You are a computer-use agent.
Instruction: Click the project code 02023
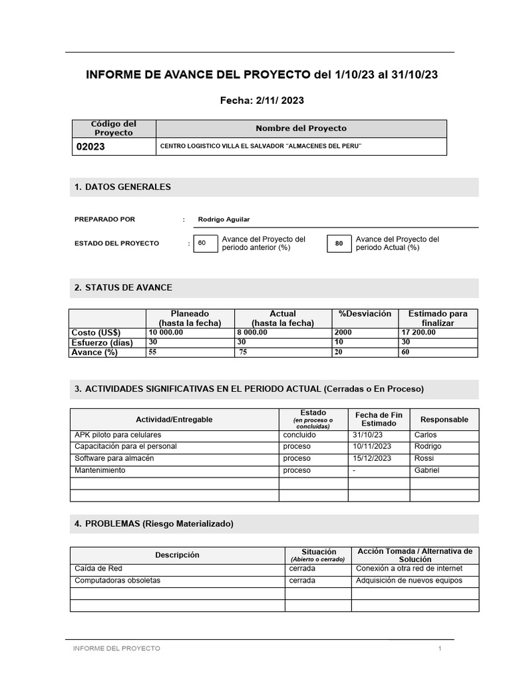[92, 147]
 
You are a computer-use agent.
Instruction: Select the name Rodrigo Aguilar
[224, 219]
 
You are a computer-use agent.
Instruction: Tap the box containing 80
[339, 243]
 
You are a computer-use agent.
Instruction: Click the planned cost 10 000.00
[166, 333]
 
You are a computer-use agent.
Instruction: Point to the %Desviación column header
[365, 314]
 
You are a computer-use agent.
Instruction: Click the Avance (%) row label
[94, 352]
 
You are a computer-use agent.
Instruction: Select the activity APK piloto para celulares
[118, 435]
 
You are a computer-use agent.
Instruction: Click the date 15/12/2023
[372, 459]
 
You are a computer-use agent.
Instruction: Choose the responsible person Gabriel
[426, 471]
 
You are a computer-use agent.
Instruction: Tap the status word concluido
[299, 435]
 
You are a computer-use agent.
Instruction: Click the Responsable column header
[444, 420]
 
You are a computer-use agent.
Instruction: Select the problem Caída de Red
[98, 569]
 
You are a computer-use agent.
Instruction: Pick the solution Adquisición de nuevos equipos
[409, 581]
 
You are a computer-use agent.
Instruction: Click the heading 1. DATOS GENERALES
[122, 188]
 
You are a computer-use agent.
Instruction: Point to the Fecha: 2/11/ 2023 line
[261, 100]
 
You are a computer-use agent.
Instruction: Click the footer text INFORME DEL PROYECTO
[116, 648]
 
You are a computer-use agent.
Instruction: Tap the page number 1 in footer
[440, 648]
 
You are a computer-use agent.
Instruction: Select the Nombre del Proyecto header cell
[301, 128]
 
